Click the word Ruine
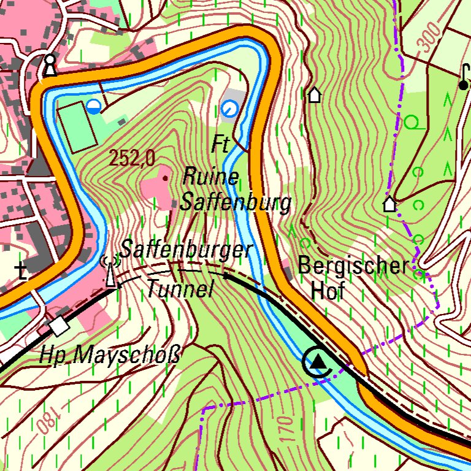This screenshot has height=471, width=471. [x=210, y=178]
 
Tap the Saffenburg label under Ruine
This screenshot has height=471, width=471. [x=235, y=202]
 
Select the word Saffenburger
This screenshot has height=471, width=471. [x=186, y=250]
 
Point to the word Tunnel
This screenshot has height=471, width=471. [x=180, y=288]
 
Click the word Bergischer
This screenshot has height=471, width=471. [x=353, y=266]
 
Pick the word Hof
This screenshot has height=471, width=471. [x=325, y=291]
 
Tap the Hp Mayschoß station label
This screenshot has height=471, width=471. [x=110, y=355]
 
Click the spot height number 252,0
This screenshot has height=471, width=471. [x=132, y=159]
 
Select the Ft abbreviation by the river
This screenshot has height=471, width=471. [x=220, y=145]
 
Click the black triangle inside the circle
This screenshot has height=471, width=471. [x=317, y=362]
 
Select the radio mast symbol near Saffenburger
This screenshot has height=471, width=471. [x=110, y=270]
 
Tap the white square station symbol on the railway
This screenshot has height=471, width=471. [x=59, y=326]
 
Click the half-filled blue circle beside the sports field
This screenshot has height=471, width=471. [x=93, y=107]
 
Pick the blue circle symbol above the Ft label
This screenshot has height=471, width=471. [x=229, y=109]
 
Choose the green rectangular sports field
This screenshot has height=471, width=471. [x=77, y=126]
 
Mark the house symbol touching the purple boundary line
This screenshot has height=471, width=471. [x=389, y=204]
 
